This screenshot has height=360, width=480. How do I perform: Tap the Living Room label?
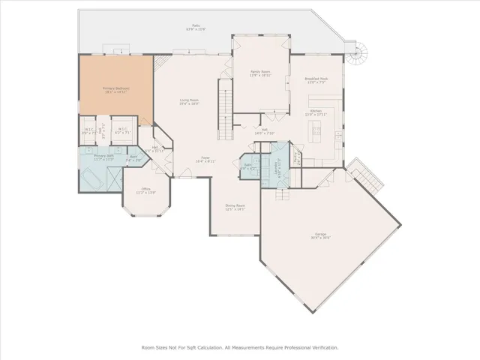(x=188, y=101)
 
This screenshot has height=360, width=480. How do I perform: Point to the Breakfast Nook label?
(x=316, y=79)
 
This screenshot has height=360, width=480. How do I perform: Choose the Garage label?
(x=320, y=238)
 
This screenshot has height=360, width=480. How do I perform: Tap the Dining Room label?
(x=235, y=206)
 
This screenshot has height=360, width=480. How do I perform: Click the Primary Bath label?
(x=103, y=157)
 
